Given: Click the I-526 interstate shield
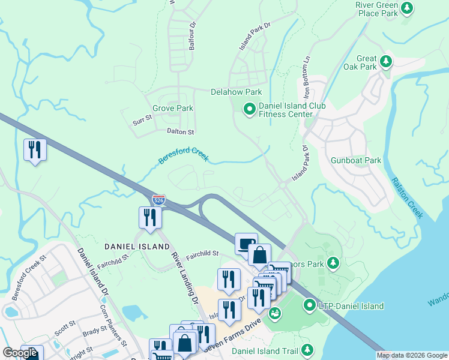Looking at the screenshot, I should click(x=158, y=200).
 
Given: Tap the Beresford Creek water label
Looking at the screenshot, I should click(x=183, y=156).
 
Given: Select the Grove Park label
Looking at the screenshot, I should click(x=173, y=109).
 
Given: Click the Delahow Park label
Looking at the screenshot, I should click(x=236, y=92).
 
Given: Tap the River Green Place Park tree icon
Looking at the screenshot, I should click(x=408, y=8).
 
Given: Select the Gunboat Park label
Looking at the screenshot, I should click(x=356, y=161).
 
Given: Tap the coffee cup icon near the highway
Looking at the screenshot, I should click(x=246, y=242).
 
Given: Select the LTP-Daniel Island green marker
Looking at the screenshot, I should click(x=310, y=305).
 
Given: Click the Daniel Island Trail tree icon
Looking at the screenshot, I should click(x=307, y=349).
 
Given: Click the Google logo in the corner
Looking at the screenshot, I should click(x=20, y=353).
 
